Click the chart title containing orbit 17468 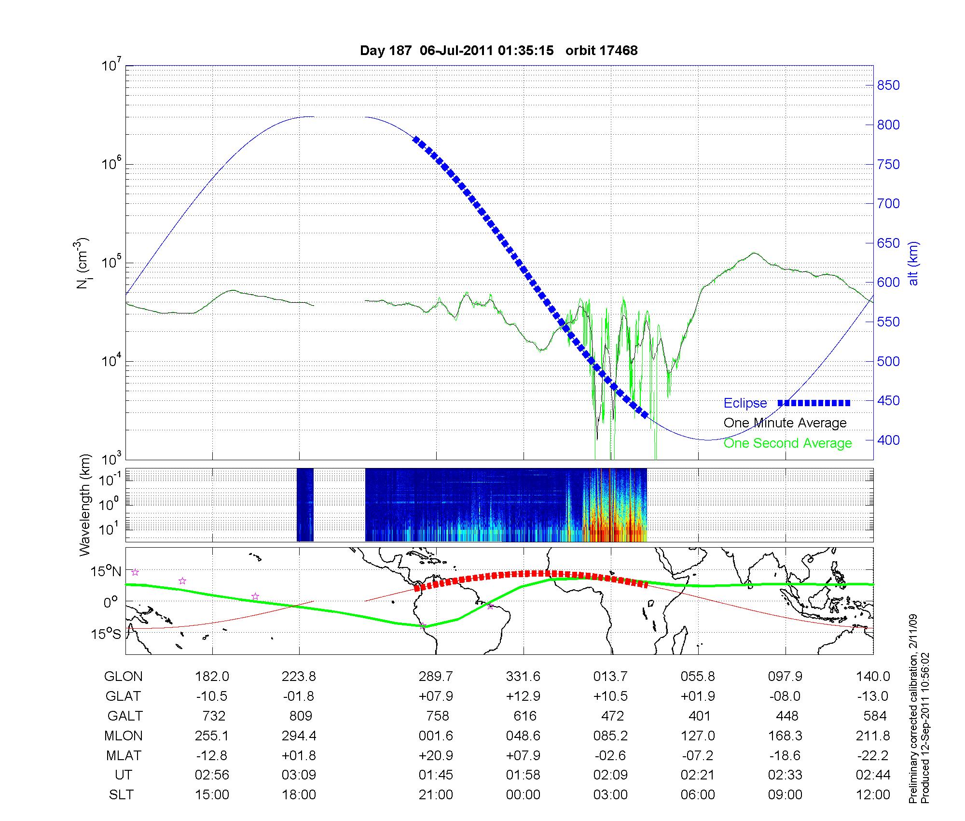coord(498,50)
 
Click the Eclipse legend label coord(745,403)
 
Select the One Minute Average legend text coord(785,423)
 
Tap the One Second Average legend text coord(787,443)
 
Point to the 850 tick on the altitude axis coord(888,85)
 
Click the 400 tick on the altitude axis coord(888,440)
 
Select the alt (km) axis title coord(913,263)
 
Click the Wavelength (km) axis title coord(85,505)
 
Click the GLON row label coord(123,676)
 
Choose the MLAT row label coord(123,755)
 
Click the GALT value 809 coord(299,716)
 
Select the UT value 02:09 coord(610,775)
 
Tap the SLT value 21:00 coord(436,795)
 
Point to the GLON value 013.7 coord(610,676)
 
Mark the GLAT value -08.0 coord(785,696)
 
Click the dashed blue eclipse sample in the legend coord(813,403)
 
